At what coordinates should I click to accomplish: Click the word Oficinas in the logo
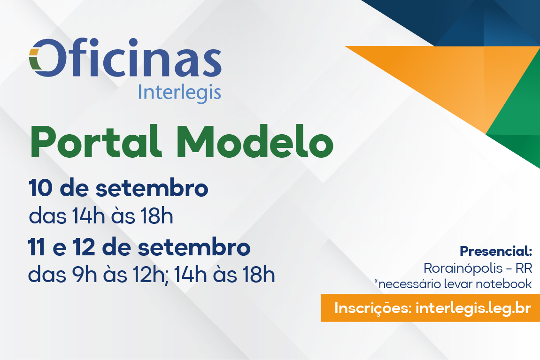pyautogui.click(x=125, y=58)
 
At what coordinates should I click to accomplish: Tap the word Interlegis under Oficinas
pyautogui.click(x=179, y=93)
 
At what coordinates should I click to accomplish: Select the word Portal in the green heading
pyautogui.click(x=96, y=142)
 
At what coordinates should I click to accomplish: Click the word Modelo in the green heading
pyautogui.click(x=255, y=142)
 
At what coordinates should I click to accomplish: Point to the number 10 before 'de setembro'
pyautogui.click(x=41, y=188)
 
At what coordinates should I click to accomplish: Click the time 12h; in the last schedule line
pyautogui.click(x=151, y=275)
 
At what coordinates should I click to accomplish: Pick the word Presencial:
pyautogui.click(x=496, y=251)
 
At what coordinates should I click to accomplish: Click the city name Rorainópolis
pyautogui.click(x=463, y=268)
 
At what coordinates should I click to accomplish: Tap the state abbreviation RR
pyautogui.click(x=524, y=268)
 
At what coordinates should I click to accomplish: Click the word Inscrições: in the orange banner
pyautogui.click(x=373, y=308)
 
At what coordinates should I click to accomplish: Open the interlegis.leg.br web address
pyautogui.click(x=473, y=308)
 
